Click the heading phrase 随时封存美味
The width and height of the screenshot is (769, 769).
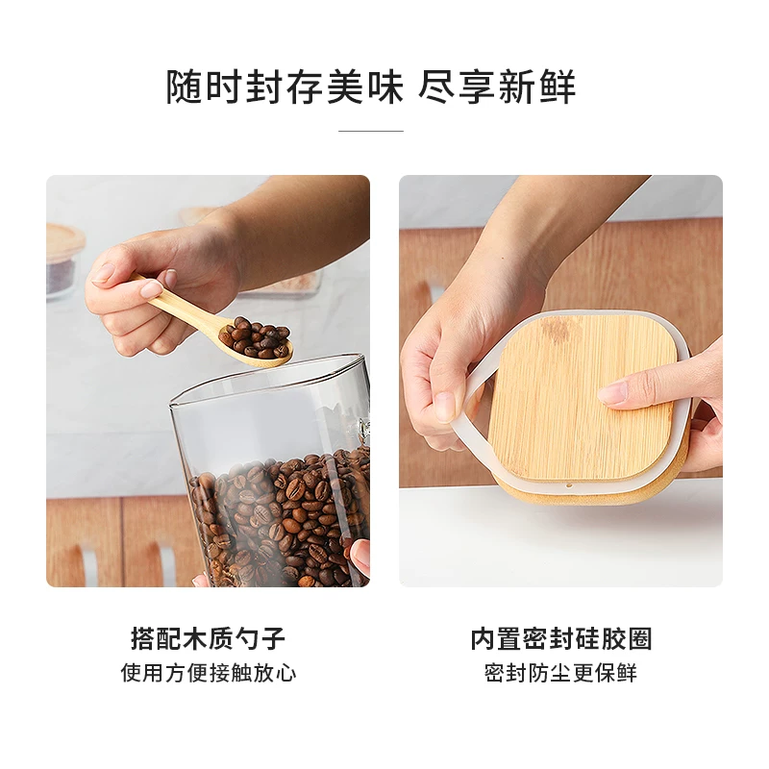(x=285, y=87)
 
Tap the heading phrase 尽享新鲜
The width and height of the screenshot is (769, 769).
(x=497, y=87)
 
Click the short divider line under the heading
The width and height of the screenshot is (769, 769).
(x=371, y=131)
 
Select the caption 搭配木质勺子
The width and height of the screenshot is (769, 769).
(x=208, y=638)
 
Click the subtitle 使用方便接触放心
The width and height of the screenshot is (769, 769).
(x=208, y=673)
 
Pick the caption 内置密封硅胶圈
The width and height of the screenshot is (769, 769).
(x=561, y=638)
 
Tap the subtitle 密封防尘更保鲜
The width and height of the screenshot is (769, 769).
(x=561, y=673)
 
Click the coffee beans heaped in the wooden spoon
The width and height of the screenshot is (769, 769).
(x=255, y=338)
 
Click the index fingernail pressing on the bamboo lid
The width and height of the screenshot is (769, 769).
(x=613, y=392)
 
